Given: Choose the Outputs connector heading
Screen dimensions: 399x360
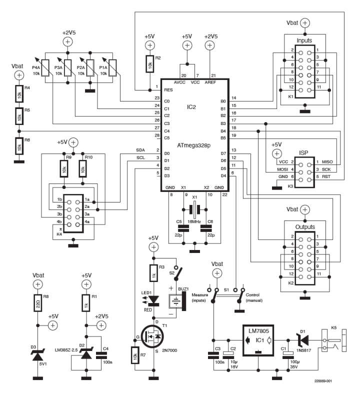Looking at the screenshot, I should (304, 226).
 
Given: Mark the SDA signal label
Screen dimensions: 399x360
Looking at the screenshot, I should (141, 149).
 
